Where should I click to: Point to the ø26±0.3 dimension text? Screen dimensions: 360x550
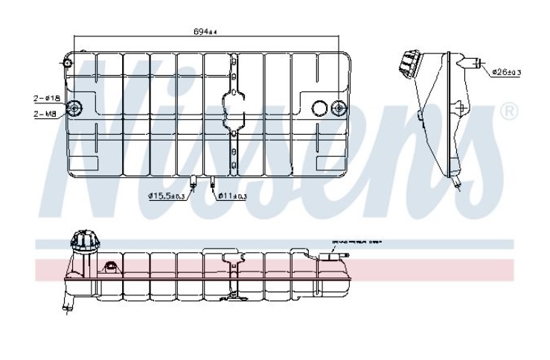(x=506, y=72)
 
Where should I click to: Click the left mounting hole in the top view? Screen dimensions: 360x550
(x=74, y=109)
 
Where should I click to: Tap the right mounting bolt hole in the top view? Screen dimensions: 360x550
(x=339, y=109)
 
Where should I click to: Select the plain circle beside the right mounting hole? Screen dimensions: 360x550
(x=319, y=109)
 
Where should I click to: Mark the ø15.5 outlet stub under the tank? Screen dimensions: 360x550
(x=193, y=181)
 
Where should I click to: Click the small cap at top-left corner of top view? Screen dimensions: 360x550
(x=68, y=62)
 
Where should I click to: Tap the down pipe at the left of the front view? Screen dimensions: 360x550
(x=68, y=300)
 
